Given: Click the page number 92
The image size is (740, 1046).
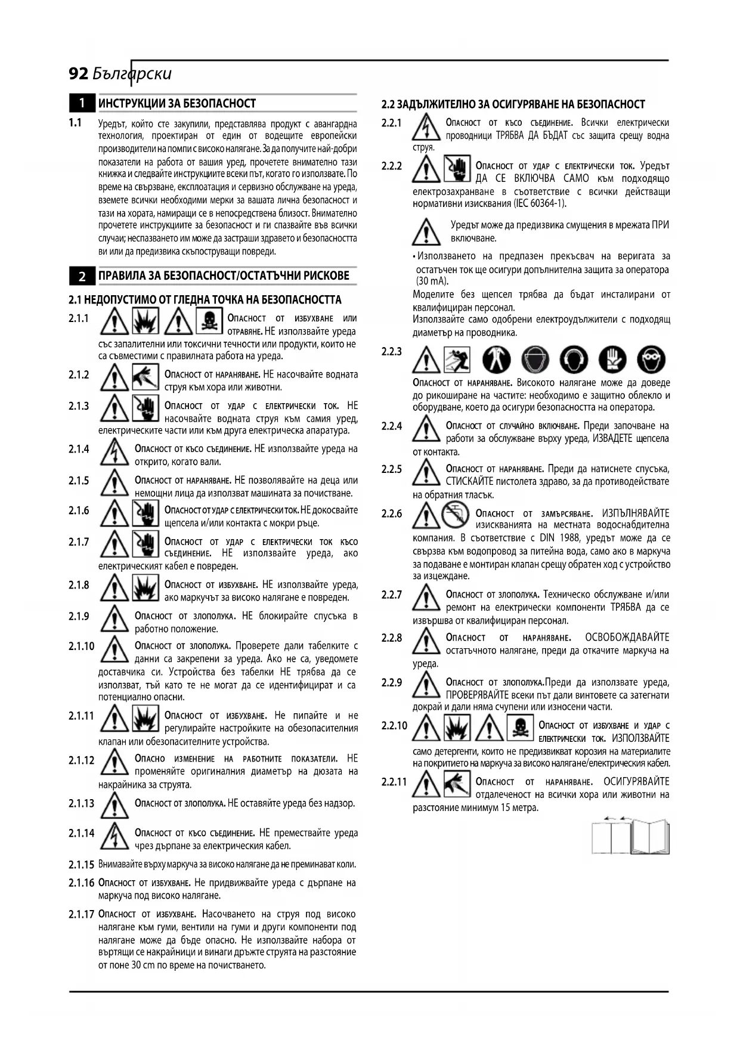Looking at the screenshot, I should pyautogui.click(x=79, y=74).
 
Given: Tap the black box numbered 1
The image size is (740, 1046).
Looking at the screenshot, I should pyautogui.click(x=82, y=103).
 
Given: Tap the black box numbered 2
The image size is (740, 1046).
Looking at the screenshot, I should pyautogui.click(x=82, y=276).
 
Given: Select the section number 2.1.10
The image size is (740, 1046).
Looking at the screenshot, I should pyautogui.click(x=81, y=646).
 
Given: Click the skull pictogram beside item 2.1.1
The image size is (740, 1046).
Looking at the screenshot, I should pyautogui.click(x=209, y=322).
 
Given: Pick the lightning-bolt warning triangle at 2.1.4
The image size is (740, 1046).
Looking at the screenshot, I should pyautogui.click(x=114, y=453).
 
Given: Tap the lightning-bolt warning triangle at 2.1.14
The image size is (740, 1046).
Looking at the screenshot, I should pyautogui.click(x=114, y=835).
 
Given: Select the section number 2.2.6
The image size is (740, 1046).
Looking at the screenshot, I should pyautogui.click(x=392, y=513).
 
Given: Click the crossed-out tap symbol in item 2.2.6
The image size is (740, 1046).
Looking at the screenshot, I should pyautogui.click(x=456, y=514).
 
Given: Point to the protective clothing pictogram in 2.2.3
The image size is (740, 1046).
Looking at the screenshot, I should pyautogui.click(x=496, y=360).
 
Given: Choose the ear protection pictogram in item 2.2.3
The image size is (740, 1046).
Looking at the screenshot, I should pyautogui.click(x=574, y=360).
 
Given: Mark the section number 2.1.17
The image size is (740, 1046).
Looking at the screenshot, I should pyautogui.click(x=81, y=914).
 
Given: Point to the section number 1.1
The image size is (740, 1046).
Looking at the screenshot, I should pyautogui.click(x=75, y=123).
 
